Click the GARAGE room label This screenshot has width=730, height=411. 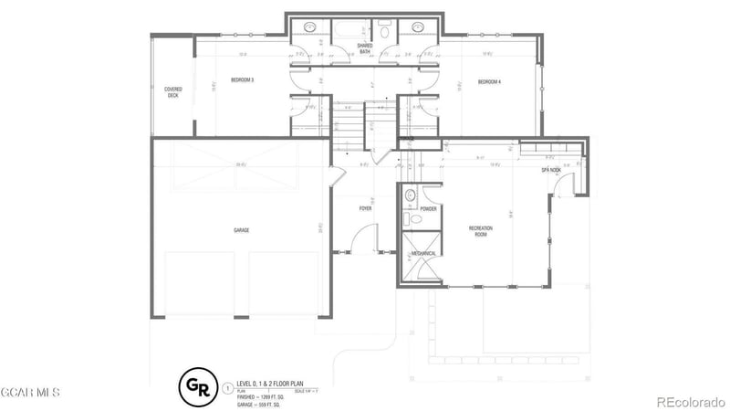coord(241,230)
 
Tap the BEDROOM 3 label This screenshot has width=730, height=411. coord(242,81)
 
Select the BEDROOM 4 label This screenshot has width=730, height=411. coord(490,82)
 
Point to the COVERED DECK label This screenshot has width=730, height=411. coord(172,92)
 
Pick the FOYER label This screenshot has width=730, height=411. coord(365,208)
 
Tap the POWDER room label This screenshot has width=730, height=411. coord(428,209)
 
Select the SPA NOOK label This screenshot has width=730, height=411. coord(550,170)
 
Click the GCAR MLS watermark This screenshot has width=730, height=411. coord(30,393)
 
